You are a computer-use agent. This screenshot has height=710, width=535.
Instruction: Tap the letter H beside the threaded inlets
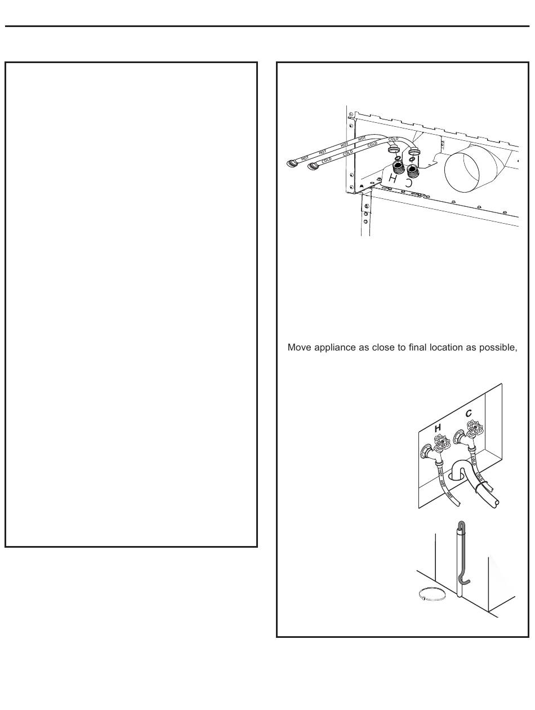pos(393,179)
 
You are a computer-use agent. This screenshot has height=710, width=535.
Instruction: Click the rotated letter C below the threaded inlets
pos(409,182)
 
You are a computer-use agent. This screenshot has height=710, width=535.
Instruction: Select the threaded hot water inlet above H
pos(398,168)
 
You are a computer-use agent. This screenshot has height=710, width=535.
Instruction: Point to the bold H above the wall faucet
pos(438,429)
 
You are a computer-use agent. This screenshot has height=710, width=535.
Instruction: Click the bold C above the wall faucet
pos(469,413)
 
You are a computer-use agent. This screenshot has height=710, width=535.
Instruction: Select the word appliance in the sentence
pos(333,347)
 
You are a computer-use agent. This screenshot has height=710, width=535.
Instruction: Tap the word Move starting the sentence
pos(298,347)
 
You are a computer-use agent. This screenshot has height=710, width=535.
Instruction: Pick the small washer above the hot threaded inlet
pos(398,158)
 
